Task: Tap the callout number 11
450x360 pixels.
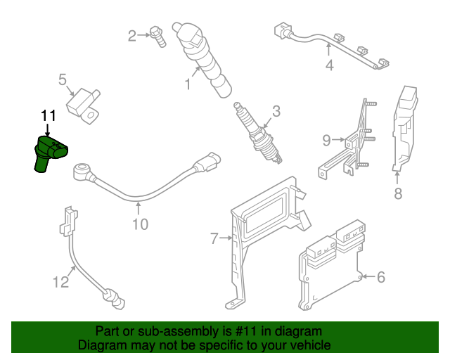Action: (x=48, y=115)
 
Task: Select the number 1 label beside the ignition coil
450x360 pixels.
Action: (x=188, y=85)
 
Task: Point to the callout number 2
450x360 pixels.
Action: (x=131, y=35)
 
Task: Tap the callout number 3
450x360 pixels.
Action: (x=276, y=110)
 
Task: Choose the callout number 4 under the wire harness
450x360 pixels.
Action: (x=329, y=66)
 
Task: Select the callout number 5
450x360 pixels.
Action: (x=62, y=80)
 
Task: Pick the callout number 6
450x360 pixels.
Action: (x=381, y=277)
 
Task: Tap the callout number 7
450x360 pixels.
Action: (x=214, y=239)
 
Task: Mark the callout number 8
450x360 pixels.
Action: (x=398, y=194)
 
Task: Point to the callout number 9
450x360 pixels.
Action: (x=326, y=141)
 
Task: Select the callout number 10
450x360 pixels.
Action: (x=140, y=224)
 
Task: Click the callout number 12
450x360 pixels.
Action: (x=61, y=283)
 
